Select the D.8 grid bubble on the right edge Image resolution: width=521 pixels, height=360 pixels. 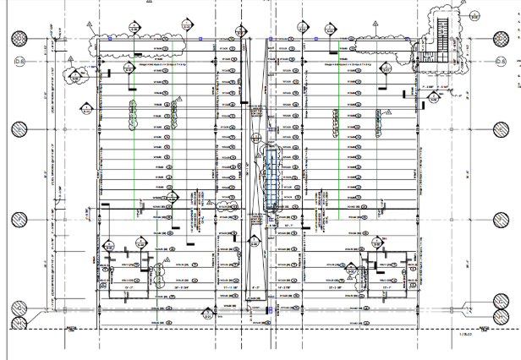click(x=501, y=63)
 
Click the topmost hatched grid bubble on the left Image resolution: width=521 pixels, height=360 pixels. click(x=19, y=38)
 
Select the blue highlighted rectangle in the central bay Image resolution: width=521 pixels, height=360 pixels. click(x=270, y=177)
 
